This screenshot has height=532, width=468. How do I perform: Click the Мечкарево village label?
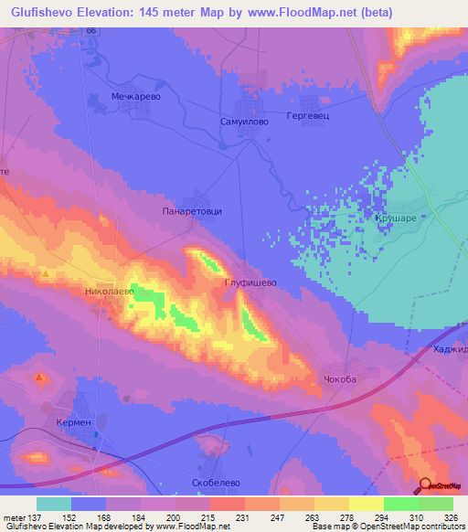tap(111, 94)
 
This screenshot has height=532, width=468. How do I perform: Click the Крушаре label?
tap(395, 219)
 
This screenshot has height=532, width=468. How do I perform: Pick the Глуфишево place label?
tap(250, 283)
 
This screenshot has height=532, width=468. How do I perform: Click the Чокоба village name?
tap(339, 378)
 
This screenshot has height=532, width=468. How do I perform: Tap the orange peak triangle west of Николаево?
tap(45, 273)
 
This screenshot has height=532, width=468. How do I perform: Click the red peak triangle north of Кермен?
tap(39, 377)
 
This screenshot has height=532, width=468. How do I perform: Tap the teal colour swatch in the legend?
tap(54, 504)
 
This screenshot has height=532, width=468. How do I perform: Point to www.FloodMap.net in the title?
tap(296, 13)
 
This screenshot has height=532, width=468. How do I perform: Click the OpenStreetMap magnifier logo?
tap(426, 486)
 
